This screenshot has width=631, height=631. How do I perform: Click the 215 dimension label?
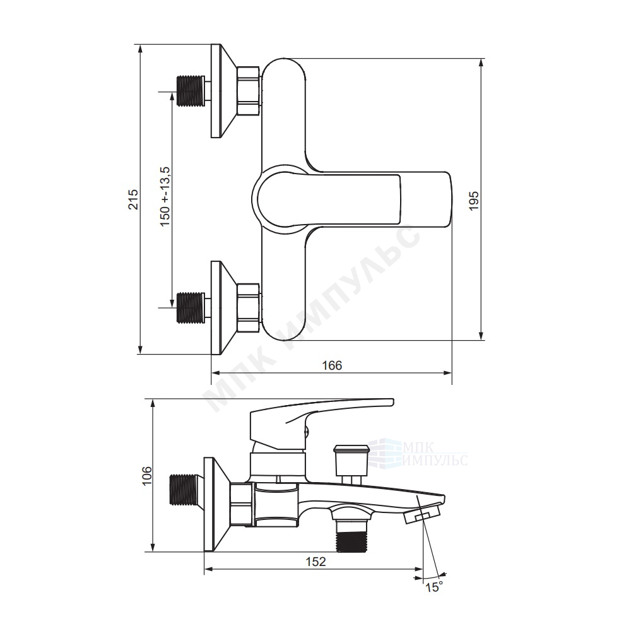coord(134,199)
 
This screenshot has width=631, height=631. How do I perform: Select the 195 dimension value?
coord(475,200)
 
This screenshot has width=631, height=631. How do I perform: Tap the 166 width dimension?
coord(332,365)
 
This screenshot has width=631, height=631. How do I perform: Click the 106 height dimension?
coord(148,475)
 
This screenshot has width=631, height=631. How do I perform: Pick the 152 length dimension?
coord(315,562)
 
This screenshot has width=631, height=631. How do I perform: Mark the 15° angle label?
coord(434,587)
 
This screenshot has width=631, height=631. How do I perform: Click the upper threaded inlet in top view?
coord(191,91)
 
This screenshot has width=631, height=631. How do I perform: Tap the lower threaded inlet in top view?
coord(191,307)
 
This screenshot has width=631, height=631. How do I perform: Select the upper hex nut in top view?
coord(249,91)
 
